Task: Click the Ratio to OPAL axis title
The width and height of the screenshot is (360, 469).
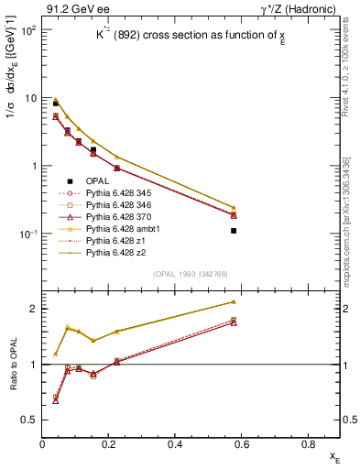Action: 12,365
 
